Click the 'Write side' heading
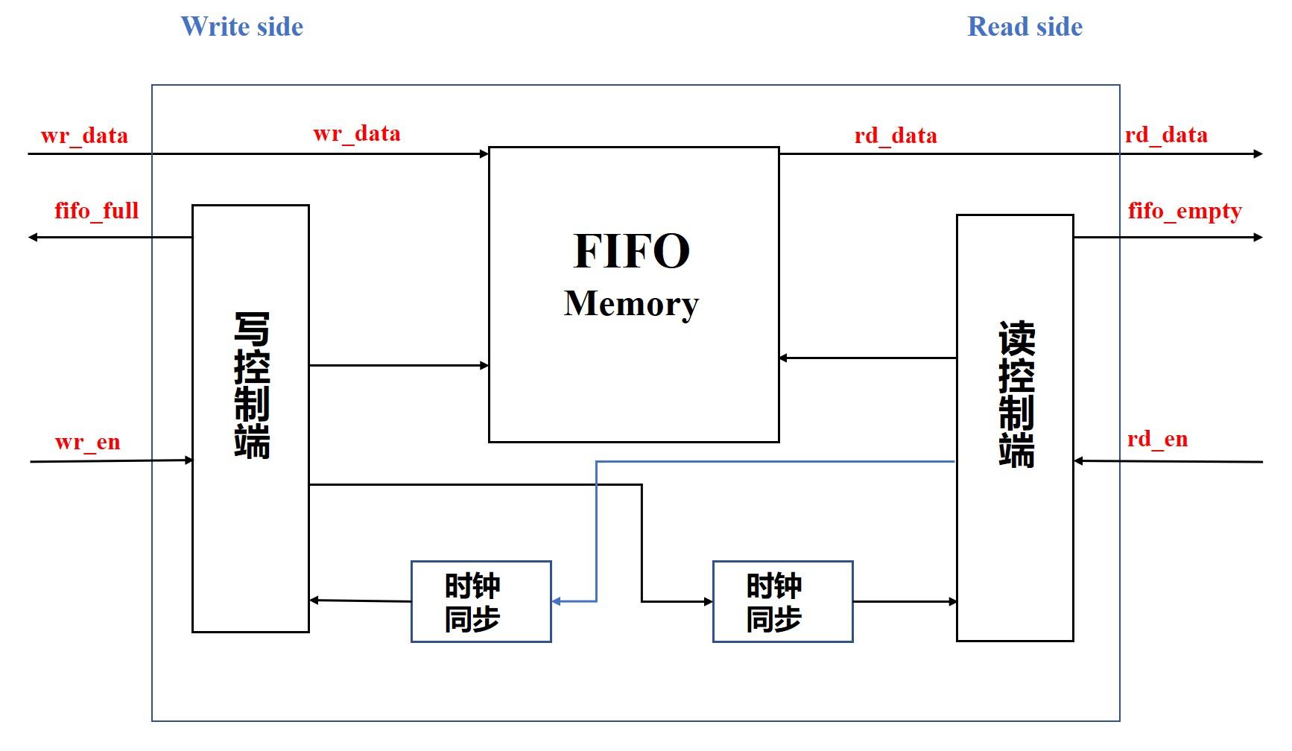(x=242, y=27)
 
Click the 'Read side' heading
(x=1025, y=27)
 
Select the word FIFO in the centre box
(x=632, y=251)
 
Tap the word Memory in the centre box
(x=631, y=304)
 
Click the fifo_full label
(x=97, y=211)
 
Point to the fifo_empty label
(x=1185, y=212)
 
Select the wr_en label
(x=88, y=443)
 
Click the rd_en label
(x=1157, y=440)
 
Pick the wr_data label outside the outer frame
(x=84, y=136)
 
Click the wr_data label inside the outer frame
(x=357, y=134)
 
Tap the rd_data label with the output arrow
(x=1166, y=135)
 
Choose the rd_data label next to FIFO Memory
(x=896, y=136)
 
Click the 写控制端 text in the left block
(x=252, y=384)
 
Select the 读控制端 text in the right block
(x=1016, y=394)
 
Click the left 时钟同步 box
(x=481, y=601)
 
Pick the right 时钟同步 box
(x=782, y=601)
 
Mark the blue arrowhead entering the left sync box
(x=557, y=601)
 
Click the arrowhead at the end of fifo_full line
(x=33, y=238)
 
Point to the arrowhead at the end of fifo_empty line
(x=1258, y=238)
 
